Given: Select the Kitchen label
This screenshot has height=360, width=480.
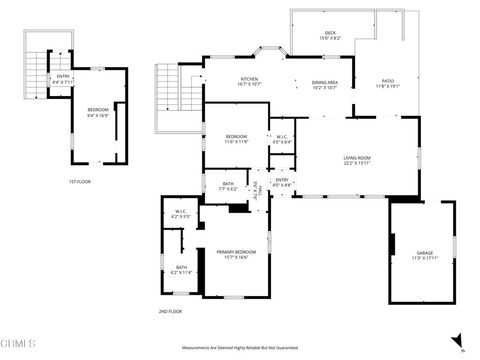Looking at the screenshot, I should tap(249, 81).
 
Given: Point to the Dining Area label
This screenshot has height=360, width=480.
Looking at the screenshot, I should tap(325, 85).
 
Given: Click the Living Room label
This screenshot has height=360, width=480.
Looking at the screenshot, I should tap(358, 158).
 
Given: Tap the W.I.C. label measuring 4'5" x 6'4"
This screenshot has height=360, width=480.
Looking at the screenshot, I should tap(281, 140).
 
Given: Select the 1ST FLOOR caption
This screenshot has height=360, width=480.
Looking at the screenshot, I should tap(80, 181).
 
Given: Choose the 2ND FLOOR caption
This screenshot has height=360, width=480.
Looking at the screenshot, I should tap(169, 312).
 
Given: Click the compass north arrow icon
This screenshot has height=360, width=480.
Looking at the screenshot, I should tap(457, 340).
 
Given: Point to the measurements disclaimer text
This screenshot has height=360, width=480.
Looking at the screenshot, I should tap(239, 347).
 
